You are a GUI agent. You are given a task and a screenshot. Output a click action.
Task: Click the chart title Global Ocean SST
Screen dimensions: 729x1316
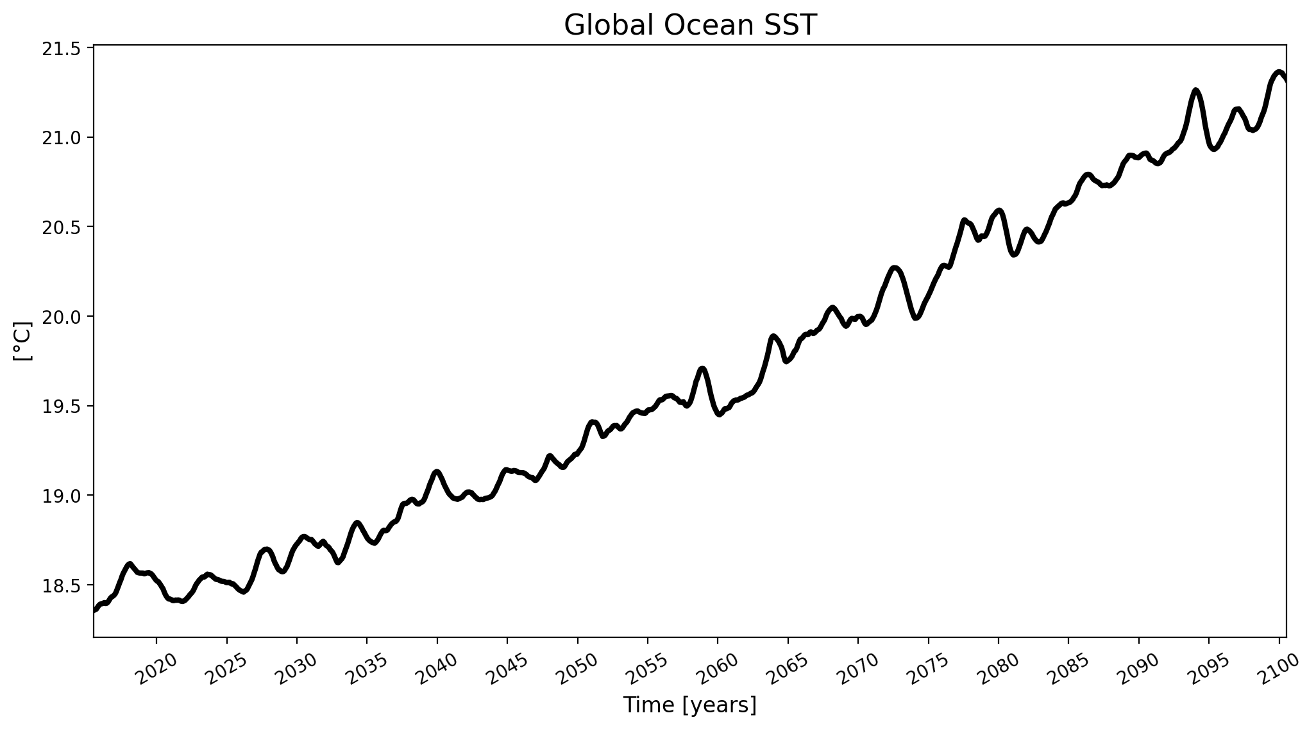pos(690,26)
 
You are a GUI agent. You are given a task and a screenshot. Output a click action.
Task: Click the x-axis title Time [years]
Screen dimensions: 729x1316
pos(690,705)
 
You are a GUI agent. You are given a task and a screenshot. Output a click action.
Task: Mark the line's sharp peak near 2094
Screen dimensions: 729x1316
pos(1195,90)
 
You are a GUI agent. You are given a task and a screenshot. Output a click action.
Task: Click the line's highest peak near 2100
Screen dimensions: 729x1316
pos(1279,72)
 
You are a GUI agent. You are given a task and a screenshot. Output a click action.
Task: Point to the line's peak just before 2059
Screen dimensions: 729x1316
pos(703,369)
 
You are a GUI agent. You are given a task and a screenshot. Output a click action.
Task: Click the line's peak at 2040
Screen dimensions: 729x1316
pos(437,472)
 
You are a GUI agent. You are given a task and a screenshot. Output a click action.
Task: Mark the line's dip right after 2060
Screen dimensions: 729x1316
pos(720,414)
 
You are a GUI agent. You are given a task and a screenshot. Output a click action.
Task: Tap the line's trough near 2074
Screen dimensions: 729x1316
pos(916,317)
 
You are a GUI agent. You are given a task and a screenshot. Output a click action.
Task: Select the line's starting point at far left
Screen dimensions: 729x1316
pos(95,610)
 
